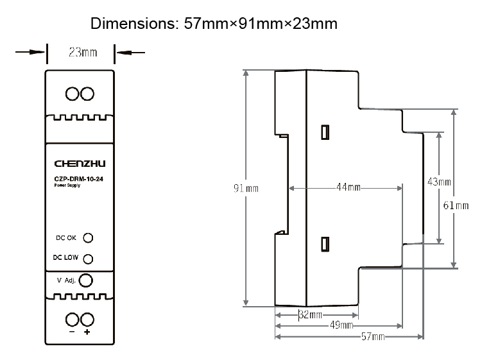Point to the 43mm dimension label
click(439, 182)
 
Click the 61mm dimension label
click(456, 205)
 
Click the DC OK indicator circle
click(89, 237)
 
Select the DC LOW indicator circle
click(89, 259)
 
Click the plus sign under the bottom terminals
click(87, 333)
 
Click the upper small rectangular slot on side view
click(325, 132)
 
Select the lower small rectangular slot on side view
click(325, 244)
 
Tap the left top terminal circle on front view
click(72, 94)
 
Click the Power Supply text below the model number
click(67, 186)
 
